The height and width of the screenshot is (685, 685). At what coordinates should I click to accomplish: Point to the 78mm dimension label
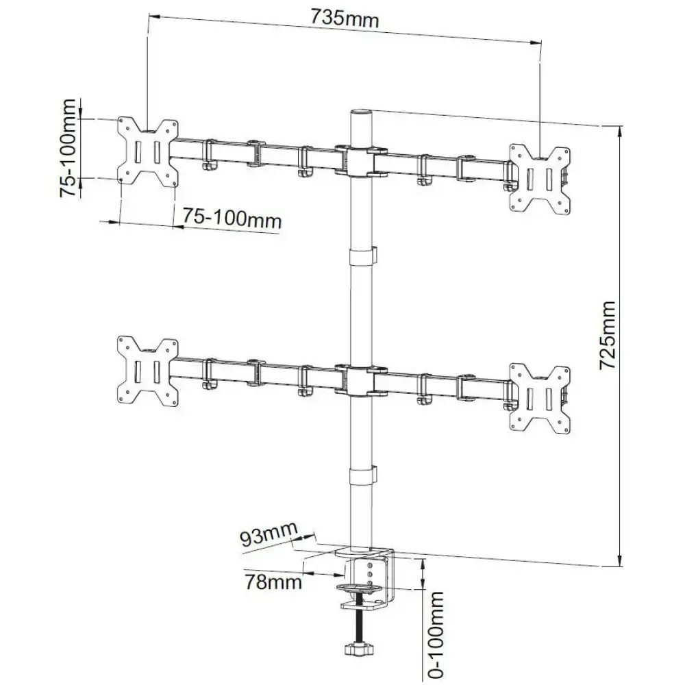[x=274, y=582]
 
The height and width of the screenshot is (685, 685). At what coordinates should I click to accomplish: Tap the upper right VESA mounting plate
[x=540, y=176]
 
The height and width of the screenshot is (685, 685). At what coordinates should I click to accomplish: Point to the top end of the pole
[x=360, y=114]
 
